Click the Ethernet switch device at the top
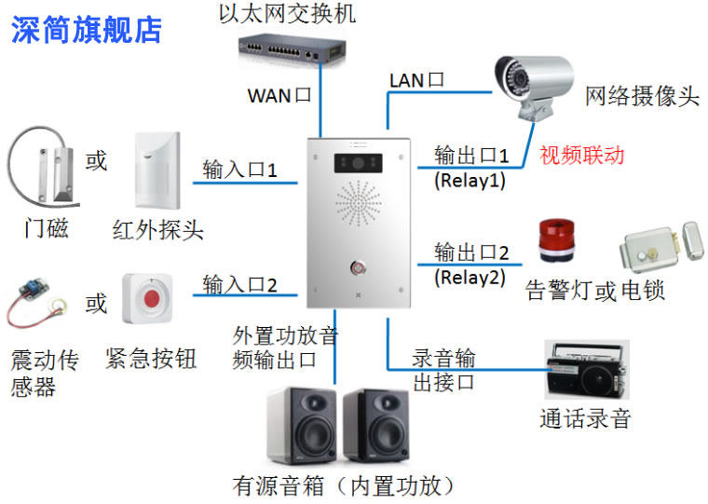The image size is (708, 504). [292, 46]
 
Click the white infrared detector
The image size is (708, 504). [157, 171]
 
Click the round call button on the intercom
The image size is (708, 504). [360, 268]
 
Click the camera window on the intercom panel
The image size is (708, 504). [360, 165]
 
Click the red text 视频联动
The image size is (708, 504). [582, 155]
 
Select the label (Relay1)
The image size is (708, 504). [469, 180]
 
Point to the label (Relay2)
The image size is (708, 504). [469, 277]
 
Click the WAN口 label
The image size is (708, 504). [279, 95]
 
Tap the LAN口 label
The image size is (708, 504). [416, 80]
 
